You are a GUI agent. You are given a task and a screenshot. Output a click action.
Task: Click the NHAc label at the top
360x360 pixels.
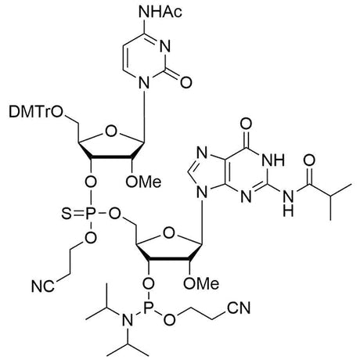160,12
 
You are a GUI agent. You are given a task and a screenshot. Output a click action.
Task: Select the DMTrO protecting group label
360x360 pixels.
36,112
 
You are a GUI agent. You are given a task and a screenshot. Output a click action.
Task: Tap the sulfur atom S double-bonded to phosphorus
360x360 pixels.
66,214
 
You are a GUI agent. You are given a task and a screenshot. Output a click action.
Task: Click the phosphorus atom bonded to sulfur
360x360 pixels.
90,214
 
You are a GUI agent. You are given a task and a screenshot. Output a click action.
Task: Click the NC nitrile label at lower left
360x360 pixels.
43,286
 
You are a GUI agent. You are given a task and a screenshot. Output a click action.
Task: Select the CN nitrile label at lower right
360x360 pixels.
239,308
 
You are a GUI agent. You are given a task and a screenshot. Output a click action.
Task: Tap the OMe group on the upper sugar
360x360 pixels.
143,182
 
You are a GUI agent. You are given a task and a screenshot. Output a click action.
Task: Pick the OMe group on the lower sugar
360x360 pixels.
201,283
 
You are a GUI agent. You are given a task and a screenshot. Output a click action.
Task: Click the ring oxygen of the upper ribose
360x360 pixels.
111,131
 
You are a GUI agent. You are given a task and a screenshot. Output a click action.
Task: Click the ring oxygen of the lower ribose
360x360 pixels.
169,232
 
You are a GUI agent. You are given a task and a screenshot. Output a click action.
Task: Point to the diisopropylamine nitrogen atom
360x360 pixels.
128,320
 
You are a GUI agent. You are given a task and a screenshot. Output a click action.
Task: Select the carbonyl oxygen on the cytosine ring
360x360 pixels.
186,82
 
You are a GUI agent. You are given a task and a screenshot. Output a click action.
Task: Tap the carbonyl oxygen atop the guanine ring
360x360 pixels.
246,124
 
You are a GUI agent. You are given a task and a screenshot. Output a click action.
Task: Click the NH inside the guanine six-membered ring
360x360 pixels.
273,160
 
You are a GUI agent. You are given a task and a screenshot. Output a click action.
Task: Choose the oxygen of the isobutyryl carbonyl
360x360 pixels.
309,160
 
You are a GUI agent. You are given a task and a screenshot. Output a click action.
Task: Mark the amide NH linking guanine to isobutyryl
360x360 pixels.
288,202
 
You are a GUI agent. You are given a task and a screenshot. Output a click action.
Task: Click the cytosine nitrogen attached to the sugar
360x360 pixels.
144,82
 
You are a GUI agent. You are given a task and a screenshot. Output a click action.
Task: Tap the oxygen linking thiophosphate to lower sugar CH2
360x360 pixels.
114,214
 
